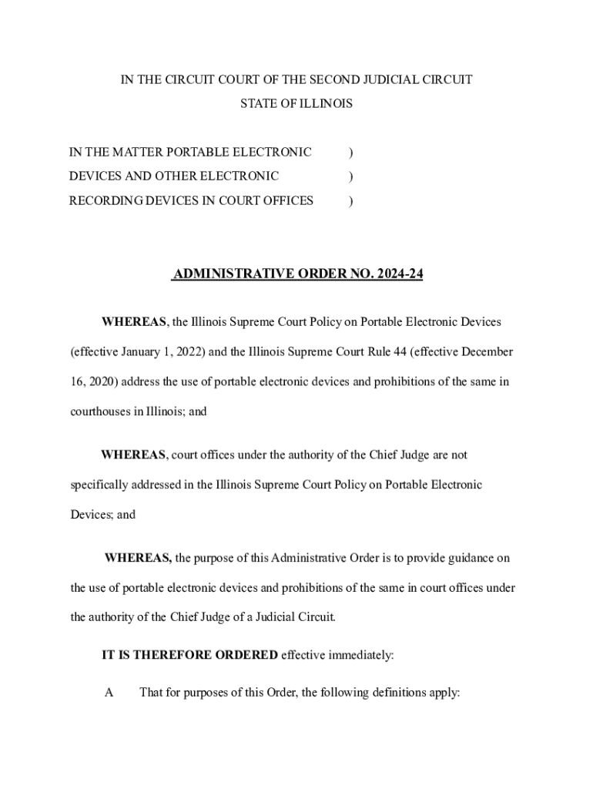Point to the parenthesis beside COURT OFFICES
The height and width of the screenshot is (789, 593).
pyautogui.click(x=351, y=200)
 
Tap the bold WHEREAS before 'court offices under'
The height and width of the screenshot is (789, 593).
pyautogui.click(x=133, y=455)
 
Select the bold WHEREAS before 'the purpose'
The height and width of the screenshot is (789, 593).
pyautogui.click(x=138, y=558)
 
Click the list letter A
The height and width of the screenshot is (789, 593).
pyautogui.click(x=109, y=692)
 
